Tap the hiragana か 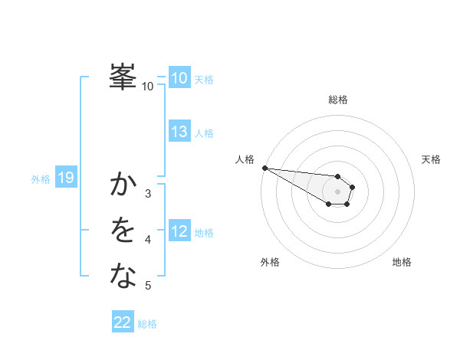click(123, 185)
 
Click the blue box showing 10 click(179, 77)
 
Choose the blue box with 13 click(179, 132)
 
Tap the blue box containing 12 click(179, 231)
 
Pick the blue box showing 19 click(65, 178)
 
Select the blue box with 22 click(123, 322)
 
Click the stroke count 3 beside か click(148, 194)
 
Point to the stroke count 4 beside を click(148, 240)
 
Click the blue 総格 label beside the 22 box click(147, 324)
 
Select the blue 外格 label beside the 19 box click(41, 179)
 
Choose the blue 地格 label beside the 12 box click(204, 233)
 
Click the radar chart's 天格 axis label click(431, 159)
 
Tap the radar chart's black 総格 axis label click(337, 100)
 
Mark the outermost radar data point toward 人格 click(264, 168)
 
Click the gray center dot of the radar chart click(337, 191)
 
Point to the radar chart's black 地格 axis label click(402, 262)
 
